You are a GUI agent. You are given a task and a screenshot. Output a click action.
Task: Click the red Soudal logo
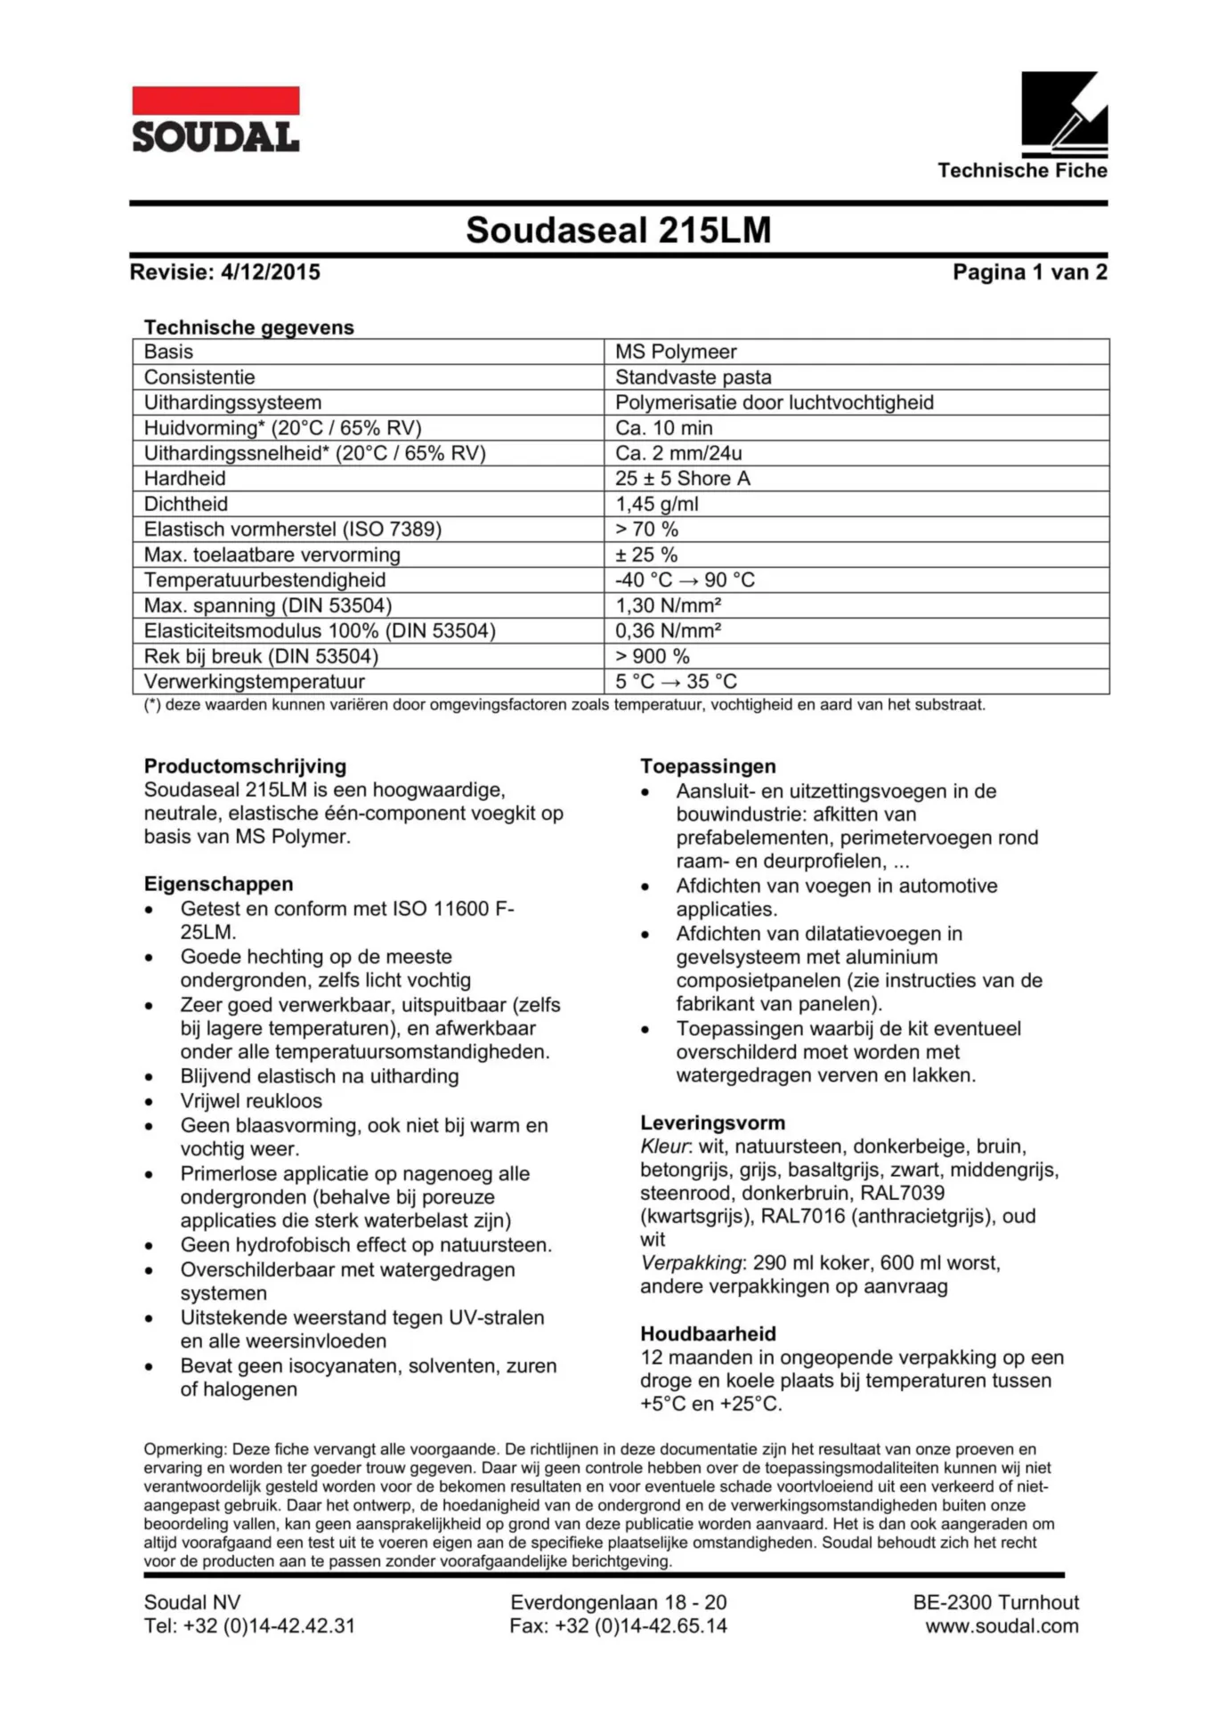click(x=215, y=119)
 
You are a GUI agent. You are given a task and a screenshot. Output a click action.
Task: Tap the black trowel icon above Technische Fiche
click(x=1064, y=114)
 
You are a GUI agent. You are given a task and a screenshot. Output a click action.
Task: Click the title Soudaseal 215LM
click(x=618, y=231)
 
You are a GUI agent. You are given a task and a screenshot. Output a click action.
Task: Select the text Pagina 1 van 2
click(x=1029, y=272)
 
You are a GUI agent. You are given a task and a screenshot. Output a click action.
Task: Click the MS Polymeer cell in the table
click(x=676, y=352)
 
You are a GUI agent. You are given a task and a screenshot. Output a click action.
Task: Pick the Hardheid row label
click(x=185, y=479)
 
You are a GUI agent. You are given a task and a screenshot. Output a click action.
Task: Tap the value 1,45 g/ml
click(x=657, y=504)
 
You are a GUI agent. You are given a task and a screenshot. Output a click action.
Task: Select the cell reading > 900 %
click(x=653, y=656)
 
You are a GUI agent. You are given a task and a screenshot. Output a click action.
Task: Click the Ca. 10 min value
click(x=663, y=428)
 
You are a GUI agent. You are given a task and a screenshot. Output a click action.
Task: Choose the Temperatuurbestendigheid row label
click(x=264, y=580)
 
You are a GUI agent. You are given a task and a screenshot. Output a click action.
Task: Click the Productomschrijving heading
click(x=245, y=766)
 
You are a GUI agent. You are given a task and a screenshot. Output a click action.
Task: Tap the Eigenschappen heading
click(x=218, y=884)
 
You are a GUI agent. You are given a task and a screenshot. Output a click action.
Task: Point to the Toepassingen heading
click(x=708, y=766)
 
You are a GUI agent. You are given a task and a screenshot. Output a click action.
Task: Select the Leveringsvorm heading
click(x=712, y=1122)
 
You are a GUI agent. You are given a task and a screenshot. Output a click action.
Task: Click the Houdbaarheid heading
click(x=708, y=1333)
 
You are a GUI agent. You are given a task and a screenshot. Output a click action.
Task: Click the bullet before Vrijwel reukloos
click(x=150, y=1102)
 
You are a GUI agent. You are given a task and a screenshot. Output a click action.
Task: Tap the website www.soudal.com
click(x=1002, y=1626)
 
